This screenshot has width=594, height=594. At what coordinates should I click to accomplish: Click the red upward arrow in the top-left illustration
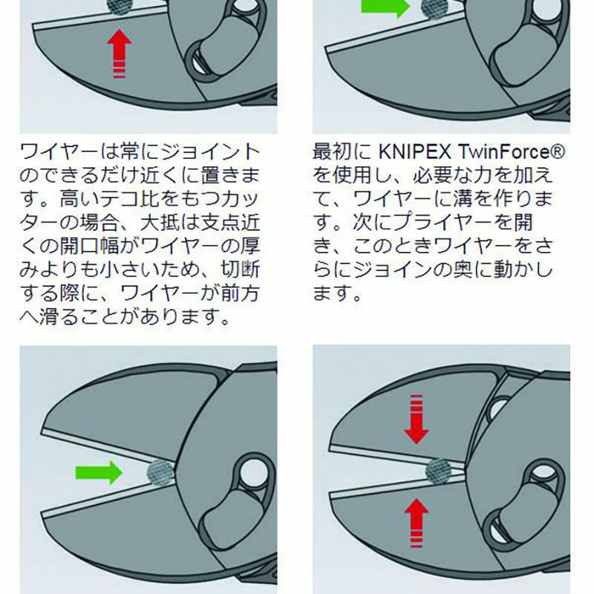[x=120, y=53]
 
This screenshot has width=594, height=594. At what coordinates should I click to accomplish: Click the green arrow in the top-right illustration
[x=385, y=7]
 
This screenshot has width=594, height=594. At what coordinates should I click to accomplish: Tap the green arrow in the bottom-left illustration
[x=99, y=472]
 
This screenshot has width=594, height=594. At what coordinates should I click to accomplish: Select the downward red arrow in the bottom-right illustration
[x=417, y=419]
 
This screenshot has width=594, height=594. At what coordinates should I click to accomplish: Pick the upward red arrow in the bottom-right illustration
[x=417, y=523]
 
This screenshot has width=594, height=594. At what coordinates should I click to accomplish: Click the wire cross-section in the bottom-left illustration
[x=160, y=472]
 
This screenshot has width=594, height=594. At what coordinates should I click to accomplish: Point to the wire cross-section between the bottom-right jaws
[x=439, y=471]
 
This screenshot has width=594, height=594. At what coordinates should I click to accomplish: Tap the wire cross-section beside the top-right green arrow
[x=434, y=8]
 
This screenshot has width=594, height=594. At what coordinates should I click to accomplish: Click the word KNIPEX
[x=415, y=151]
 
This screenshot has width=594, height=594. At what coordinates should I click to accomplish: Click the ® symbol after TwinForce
[x=558, y=151]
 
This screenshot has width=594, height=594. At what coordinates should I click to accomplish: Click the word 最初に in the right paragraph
[x=342, y=151]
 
